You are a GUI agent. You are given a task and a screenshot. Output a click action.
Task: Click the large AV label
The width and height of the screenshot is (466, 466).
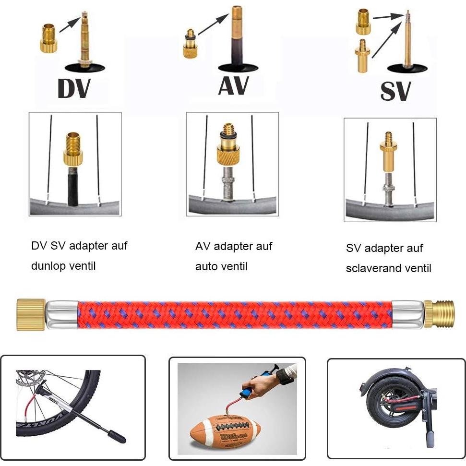click(233, 85)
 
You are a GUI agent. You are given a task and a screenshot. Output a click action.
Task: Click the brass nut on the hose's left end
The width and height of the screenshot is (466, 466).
click(31, 315)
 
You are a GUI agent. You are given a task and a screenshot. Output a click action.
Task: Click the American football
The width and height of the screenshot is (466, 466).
click(226, 430)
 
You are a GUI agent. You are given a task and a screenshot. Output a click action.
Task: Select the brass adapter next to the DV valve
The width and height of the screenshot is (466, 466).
click(48, 39)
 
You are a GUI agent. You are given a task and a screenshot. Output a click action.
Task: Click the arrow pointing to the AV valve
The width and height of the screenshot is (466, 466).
click(213, 25)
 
